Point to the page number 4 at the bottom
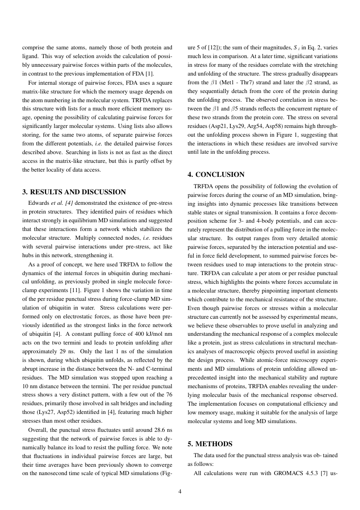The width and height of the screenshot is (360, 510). (x=180, y=491)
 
